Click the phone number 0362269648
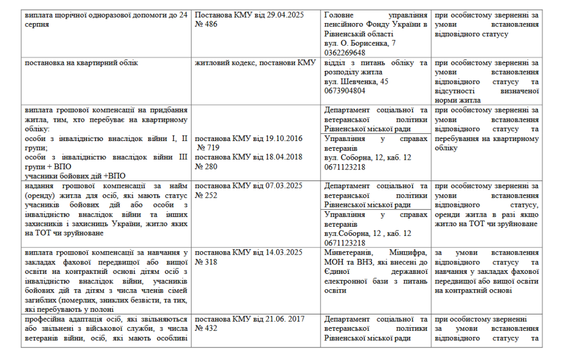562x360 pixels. pos(345,52)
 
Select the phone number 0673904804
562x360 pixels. pos(345,91)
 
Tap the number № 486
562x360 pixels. pos(206,24)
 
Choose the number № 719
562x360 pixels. pos(209,148)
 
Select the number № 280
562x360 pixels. pos(206,166)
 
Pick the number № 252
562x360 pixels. pos(206,195)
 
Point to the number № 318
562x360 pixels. pos(206,262)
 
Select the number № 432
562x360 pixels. pos(206,328)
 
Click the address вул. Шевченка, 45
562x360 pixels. pos(356,81)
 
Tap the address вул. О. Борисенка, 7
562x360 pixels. pos(360,43)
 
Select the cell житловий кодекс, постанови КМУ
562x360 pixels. pos(256,63)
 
